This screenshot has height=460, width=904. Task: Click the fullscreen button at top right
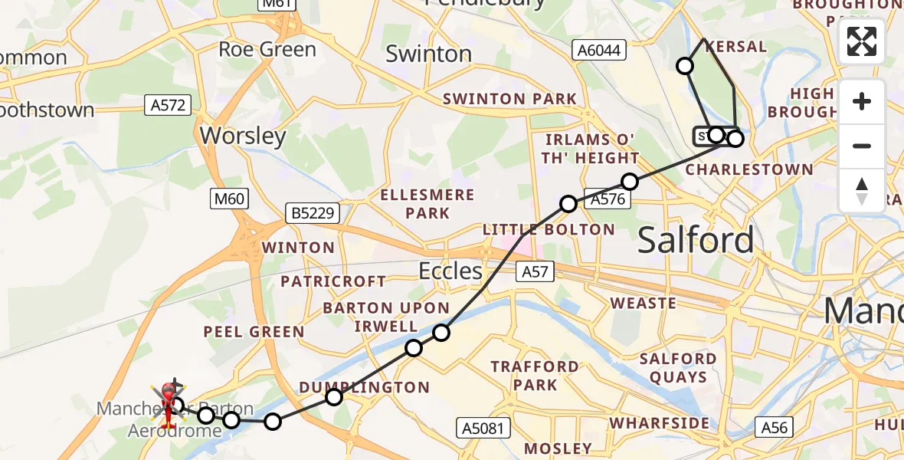tap(862, 41)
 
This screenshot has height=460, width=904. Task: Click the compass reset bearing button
tap(862, 191)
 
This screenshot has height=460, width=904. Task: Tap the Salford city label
tap(696, 240)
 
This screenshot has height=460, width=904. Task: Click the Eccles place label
tap(450, 271)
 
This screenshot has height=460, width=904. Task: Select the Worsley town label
tap(243, 136)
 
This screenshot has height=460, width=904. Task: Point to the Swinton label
tap(428, 54)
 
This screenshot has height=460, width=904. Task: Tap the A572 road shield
tap(168, 105)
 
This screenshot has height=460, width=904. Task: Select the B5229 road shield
tap(313, 213)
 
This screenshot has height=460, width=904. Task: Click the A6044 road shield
tap(600, 51)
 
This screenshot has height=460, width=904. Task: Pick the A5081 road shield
tap(483, 428)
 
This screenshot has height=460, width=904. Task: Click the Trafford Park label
tap(535, 375)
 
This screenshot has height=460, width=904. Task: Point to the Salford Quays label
tap(677, 367)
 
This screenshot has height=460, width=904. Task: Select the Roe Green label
tap(267, 50)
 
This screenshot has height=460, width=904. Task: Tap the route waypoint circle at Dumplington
tap(333, 397)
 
